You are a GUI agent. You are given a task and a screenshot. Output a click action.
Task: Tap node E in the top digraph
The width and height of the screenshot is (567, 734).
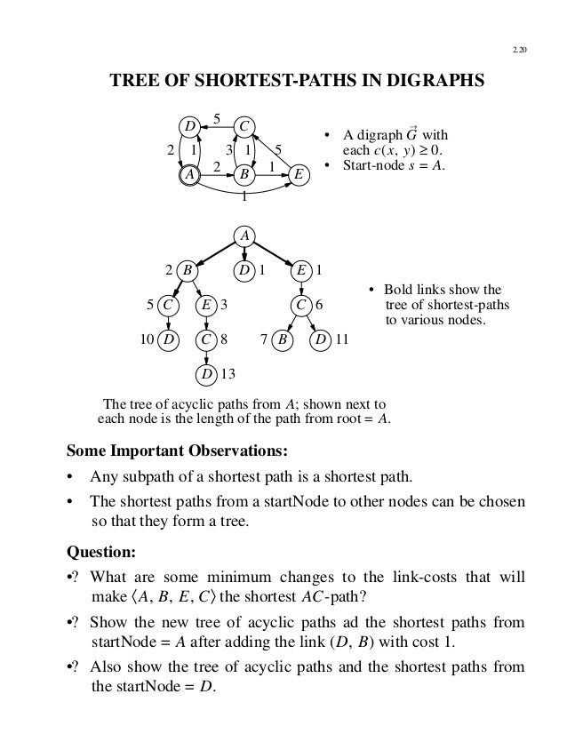tap(300, 175)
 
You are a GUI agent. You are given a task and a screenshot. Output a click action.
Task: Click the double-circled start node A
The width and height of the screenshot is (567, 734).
tap(189, 175)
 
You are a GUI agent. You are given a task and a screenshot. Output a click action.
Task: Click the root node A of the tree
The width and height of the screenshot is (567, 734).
tap(244, 235)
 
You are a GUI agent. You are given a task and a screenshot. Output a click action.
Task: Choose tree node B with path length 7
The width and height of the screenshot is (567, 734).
tap(283, 339)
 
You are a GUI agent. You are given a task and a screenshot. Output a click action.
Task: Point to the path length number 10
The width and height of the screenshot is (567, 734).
tap(148, 339)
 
